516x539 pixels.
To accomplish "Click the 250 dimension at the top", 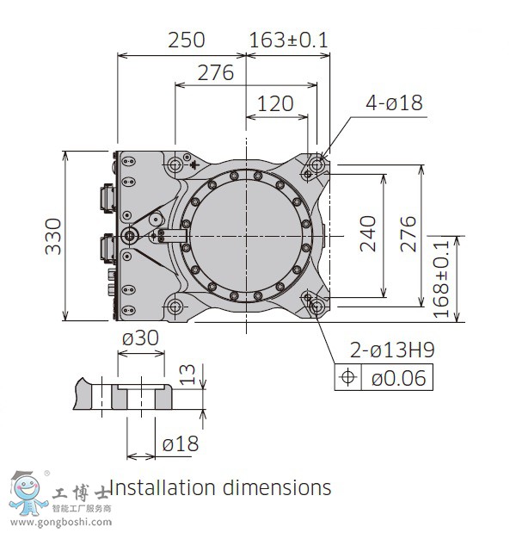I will (186, 40).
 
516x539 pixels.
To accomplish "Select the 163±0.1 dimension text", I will (288, 40).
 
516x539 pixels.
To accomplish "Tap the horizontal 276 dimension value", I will (215, 73).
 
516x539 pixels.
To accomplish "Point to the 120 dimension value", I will (275, 104).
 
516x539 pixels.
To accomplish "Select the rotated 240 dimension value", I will (368, 233).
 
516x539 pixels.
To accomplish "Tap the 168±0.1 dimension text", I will (443, 277).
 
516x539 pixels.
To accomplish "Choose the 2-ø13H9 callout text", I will (391, 350).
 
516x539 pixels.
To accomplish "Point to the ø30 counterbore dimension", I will (140, 338).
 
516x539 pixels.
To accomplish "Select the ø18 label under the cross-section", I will (180, 443).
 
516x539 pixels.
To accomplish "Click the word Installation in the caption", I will (163, 487).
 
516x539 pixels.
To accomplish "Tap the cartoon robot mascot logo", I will (27, 493).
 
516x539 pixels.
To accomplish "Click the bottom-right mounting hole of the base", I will (316, 306).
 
